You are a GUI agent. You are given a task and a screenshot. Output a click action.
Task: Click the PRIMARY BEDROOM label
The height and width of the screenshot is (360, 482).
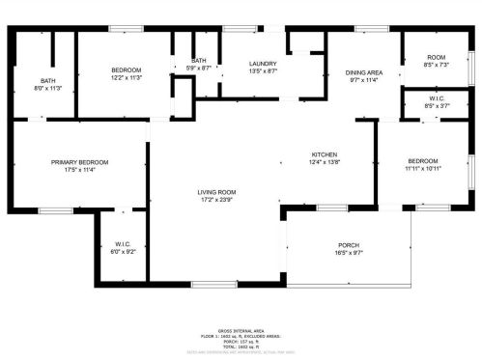click(79, 162)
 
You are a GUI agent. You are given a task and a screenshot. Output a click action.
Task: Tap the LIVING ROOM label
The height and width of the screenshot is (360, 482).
click(217, 192)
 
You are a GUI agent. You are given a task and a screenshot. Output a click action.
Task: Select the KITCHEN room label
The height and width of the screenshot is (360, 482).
click(324, 154)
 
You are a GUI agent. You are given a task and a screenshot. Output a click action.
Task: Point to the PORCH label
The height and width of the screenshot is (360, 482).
click(349, 244)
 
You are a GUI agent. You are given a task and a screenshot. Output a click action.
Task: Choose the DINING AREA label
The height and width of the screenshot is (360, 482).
click(364, 72)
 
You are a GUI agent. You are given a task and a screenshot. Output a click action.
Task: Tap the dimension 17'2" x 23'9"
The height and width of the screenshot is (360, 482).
click(217, 201)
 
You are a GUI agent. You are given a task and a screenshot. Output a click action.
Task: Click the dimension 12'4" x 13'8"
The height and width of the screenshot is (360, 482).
click(324, 163)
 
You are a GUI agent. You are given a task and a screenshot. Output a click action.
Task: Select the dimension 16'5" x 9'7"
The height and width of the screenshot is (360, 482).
click(349, 253)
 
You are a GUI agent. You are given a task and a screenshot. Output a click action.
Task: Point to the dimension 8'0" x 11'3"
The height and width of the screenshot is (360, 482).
click(48, 88)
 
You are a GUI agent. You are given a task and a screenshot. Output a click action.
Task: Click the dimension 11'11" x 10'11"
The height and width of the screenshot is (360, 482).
click(423, 169)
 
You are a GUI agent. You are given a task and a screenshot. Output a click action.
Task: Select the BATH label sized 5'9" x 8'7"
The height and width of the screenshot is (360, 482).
click(199, 60)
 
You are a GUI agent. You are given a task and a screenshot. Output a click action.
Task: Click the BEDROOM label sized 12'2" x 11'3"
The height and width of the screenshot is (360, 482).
click(126, 70)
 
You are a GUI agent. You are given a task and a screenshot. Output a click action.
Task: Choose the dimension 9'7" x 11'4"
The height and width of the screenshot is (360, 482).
click(364, 81)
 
